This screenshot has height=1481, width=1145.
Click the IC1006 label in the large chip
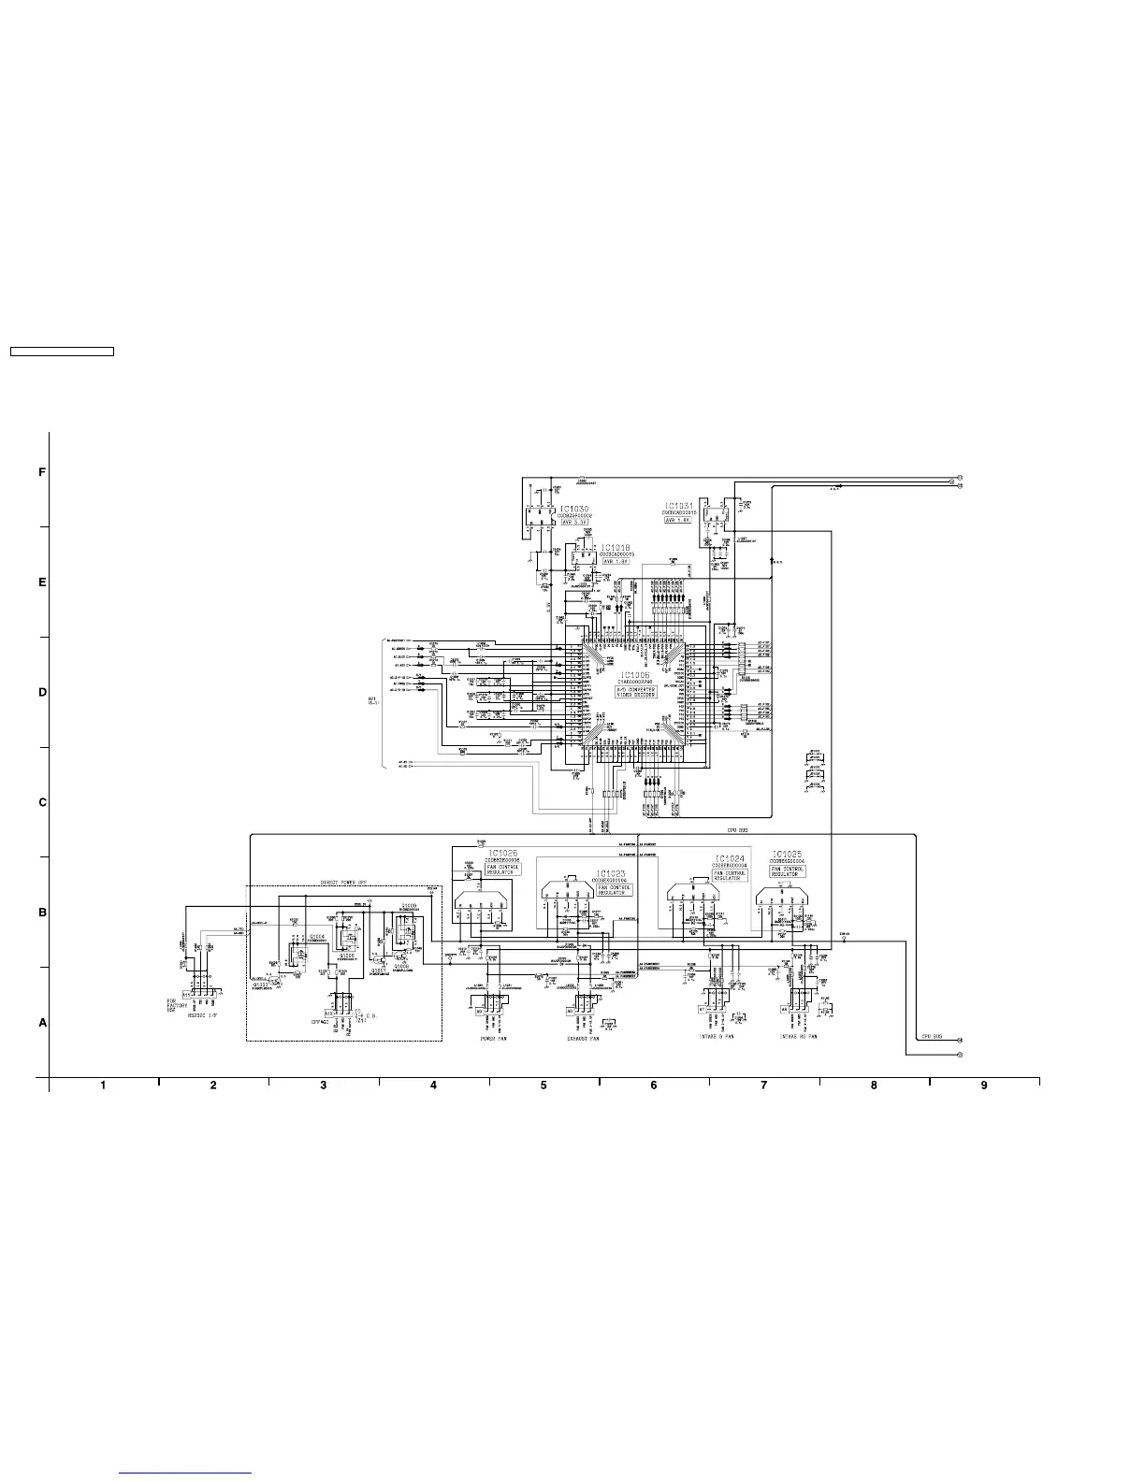pyautogui.click(x=636, y=674)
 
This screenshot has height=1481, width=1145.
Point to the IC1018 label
pyautogui.click(x=616, y=547)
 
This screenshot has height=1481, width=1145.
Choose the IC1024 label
pyautogui.click(x=730, y=858)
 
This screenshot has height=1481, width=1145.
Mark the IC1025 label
pyautogui.click(x=787, y=855)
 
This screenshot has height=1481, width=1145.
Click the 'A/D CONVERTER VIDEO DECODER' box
pyautogui.click(x=636, y=691)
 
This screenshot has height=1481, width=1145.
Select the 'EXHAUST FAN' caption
pyautogui.click(x=584, y=1039)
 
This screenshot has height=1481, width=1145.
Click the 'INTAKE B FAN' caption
pyautogui.click(x=717, y=1037)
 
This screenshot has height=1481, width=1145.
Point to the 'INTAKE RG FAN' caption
pyautogui.click(x=800, y=1037)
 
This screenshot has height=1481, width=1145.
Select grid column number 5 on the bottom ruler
pyautogui.click(x=544, y=1085)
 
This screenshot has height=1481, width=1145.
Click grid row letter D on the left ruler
pyautogui.click(x=42, y=693)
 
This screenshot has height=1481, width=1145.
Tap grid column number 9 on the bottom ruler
pyautogui.click(x=984, y=1085)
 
